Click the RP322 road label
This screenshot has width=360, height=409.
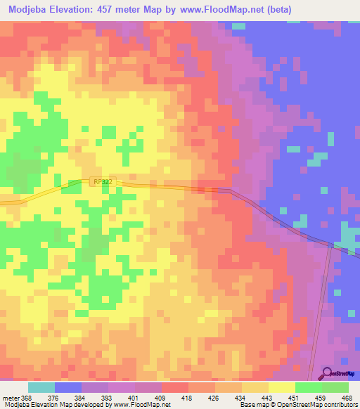pyautogui.click(x=103, y=181)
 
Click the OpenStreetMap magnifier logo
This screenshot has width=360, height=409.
pyautogui.click(x=325, y=374)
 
